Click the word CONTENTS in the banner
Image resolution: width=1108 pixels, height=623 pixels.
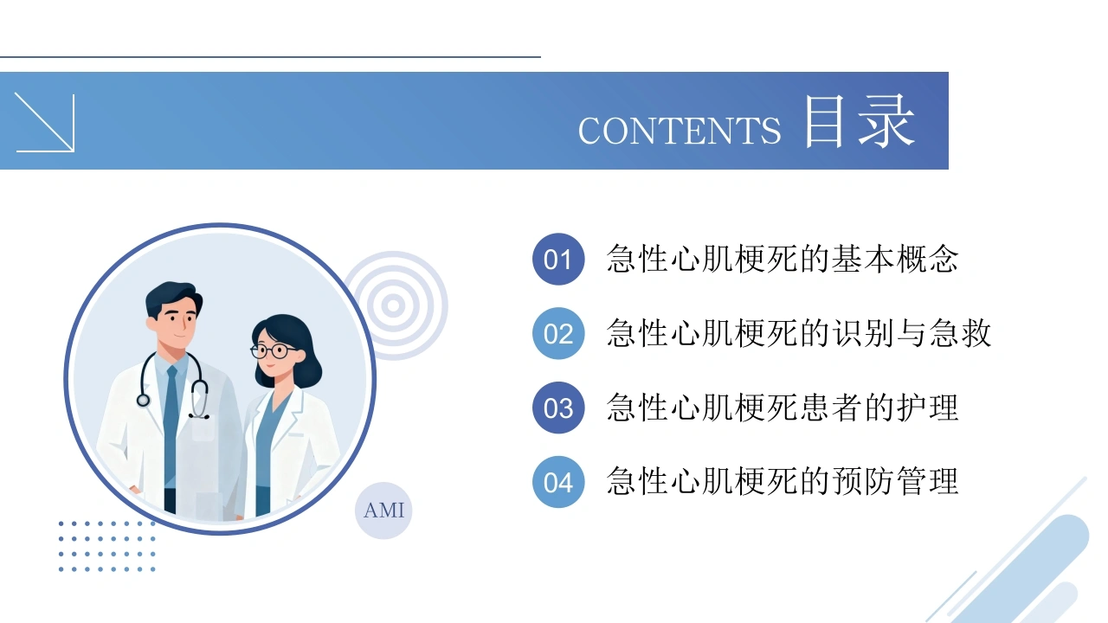click(x=680, y=131)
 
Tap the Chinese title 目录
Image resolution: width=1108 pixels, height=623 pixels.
click(x=860, y=121)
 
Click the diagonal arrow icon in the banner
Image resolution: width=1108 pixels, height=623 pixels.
click(x=45, y=122)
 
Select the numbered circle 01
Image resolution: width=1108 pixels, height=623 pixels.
click(x=558, y=259)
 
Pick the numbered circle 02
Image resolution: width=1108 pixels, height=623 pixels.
click(x=558, y=333)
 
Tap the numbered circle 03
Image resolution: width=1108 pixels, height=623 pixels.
click(x=558, y=408)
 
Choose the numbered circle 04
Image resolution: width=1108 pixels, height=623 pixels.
click(x=558, y=482)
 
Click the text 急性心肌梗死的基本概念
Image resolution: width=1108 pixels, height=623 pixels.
click(x=783, y=259)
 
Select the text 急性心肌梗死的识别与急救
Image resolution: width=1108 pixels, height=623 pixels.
click(x=799, y=333)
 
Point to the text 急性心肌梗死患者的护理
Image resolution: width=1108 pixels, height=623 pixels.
click(x=783, y=408)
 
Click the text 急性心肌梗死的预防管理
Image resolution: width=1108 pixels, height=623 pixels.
click(x=783, y=481)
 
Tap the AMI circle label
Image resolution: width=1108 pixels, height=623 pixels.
click(x=383, y=511)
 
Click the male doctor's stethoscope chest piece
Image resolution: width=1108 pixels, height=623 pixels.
click(x=144, y=400)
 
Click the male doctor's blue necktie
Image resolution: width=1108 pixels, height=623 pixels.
click(x=171, y=425)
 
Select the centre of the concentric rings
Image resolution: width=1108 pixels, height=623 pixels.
click(x=394, y=305)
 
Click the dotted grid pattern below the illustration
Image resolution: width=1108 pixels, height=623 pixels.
click(x=106, y=546)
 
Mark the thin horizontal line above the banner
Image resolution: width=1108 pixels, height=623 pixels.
click(x=270, y=57)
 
